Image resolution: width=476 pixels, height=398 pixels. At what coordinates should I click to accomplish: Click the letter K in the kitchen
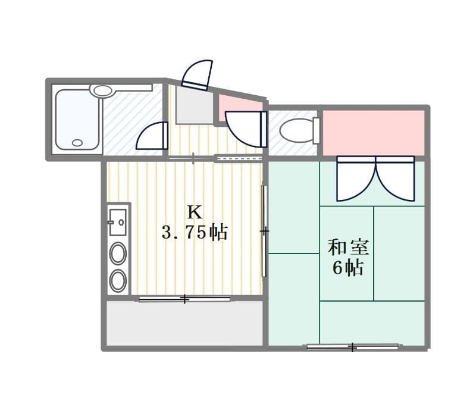pyautogui.click(x=195, y=211)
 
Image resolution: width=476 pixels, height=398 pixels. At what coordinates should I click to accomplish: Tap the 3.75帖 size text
pyautogui.click(x=195, y=233)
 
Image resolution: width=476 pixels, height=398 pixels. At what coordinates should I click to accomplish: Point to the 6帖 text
pyautogui.click(x=348, y=268)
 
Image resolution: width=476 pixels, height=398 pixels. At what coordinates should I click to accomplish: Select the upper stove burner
pyautogui.click(x=118, y=254)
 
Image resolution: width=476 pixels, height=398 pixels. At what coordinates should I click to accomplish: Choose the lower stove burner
pyautogui.click(x=118, y=280)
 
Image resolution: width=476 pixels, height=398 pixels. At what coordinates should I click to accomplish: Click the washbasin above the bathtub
pyautogui.click(x=103, y=91)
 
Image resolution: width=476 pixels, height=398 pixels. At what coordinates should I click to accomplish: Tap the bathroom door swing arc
pyautogui.click(x=152, y=136)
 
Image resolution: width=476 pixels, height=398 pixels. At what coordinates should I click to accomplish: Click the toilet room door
pyautogui.click(x=246, y=129)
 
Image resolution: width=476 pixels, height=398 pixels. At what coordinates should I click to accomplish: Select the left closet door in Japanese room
pyautogui.click(x=356, y=178)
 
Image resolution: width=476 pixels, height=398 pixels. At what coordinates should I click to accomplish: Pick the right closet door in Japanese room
pyautogui.click(x=395, y=178)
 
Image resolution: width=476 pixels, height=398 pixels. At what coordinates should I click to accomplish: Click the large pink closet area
pyautogui.click(x=373, y=132)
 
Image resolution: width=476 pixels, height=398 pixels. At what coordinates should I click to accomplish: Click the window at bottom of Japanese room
pyautogui.click(x=352, y=346)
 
